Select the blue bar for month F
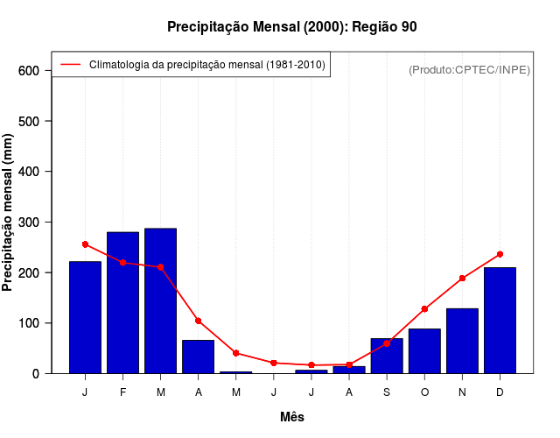[x=122, y=302]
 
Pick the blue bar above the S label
[x=387, y=356]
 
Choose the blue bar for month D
[x=500, y=321]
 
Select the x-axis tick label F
[x=122, y=392]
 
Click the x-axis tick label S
[x=387, y=392]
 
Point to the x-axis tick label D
[x=500, y=392]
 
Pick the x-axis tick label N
[x=462, y=392]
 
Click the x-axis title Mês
[x=292, y=417]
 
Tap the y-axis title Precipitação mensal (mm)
[x=9, y=213]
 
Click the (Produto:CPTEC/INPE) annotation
[x=470, y=70]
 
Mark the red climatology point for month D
[x=500, y=254]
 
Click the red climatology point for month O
[x=424, y=309]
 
